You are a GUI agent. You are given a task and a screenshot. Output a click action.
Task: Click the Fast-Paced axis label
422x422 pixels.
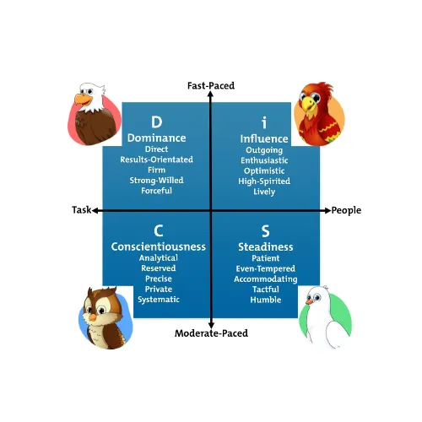pos(211,85)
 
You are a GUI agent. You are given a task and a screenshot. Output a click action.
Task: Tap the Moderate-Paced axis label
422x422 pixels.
pos(211,333)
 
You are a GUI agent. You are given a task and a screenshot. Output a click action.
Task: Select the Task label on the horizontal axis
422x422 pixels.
pos(82,210)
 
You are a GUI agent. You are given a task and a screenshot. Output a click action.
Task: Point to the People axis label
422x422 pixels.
pos(346,210)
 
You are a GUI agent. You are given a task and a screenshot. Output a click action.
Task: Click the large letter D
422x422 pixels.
pos(157,122)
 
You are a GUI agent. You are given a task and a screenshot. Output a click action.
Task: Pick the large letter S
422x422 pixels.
pos(266,231)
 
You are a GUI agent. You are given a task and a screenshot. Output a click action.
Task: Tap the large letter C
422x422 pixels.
pos(159,231)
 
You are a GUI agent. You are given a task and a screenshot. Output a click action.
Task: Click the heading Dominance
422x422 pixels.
pos(157,138)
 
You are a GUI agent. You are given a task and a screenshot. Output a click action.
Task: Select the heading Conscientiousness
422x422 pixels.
pos(159,246)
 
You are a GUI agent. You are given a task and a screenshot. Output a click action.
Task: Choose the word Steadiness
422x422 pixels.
pos(266,247)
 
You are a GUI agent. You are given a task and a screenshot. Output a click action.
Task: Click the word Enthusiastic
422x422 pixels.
pos(264,160)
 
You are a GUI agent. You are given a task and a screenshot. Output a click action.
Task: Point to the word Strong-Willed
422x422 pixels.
pos(156,181)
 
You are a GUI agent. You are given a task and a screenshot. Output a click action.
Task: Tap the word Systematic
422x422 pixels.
pos(159,300)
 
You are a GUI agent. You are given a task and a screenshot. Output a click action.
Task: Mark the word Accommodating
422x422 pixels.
pos(266,279)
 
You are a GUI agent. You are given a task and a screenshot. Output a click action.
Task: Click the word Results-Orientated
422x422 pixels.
pos(157,160)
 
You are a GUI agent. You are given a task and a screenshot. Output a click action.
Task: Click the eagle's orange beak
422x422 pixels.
pos(83,100)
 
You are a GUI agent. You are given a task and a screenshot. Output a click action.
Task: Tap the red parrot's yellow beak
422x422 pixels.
pos(307,103)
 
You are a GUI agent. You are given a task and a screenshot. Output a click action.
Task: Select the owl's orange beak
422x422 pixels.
pos(93,317)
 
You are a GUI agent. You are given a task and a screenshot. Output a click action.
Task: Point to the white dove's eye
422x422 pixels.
pos(317,297)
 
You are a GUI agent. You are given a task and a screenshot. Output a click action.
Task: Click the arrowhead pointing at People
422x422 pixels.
pos(327,210)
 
